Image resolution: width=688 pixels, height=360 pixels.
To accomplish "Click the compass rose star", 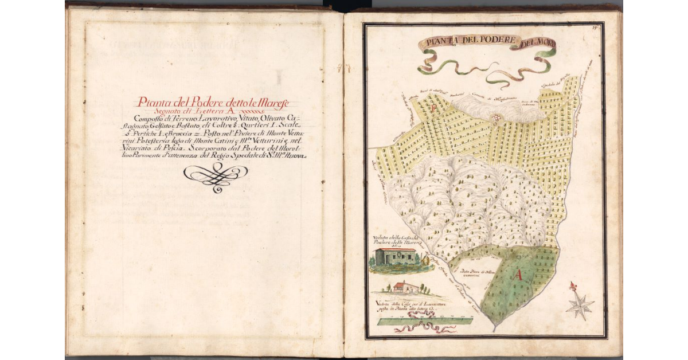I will pyautogui.click(x=580, y=306).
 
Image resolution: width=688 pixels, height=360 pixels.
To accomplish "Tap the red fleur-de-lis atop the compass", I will pyautogui.click(x=572, y=286).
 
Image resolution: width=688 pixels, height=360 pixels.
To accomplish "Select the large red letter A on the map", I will pyautogui.click(x=519, y=276).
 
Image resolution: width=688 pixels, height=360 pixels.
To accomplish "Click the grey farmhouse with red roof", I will pyautogui.click(x=396, y=256).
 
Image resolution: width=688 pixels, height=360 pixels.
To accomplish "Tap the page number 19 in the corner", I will pyautogui.click(x=596, y=28).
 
